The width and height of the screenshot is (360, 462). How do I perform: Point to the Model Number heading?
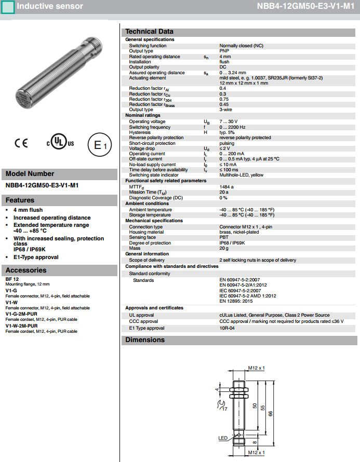30,174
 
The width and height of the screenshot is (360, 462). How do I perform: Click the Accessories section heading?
26,270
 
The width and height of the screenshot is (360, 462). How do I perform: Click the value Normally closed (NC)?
242,46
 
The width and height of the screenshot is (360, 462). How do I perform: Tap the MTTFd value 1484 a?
226,186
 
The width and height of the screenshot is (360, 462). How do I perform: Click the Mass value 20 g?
224,248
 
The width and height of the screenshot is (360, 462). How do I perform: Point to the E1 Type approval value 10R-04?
227,328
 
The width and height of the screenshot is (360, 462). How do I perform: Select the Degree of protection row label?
150,243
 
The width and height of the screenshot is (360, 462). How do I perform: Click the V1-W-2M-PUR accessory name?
21,325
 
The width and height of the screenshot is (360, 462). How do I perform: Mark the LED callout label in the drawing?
223,438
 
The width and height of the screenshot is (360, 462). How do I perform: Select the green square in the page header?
8,7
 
